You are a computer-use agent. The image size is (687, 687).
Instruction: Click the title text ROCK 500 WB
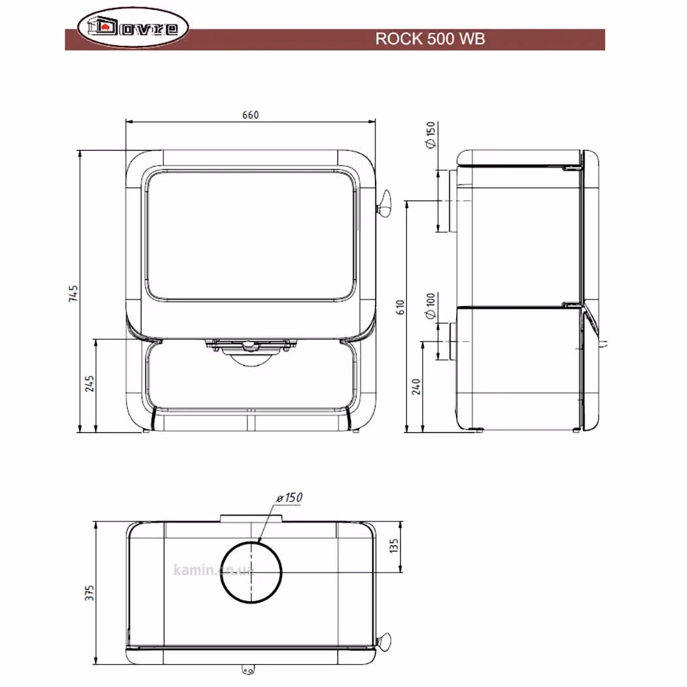(430, 39)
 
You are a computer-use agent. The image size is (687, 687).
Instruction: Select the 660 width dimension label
(251, 114)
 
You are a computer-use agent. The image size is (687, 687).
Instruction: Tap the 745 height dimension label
(73, 293)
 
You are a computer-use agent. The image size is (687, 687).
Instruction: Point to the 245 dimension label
(90, 383)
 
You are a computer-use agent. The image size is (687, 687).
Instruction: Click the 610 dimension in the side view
(400, 307)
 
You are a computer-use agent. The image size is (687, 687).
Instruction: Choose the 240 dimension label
(416, 387)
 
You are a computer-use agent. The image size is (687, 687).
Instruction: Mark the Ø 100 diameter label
(431, 306)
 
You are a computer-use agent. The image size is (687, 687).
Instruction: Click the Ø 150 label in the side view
(431, 135)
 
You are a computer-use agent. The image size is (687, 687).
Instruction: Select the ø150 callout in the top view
(290, 498)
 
